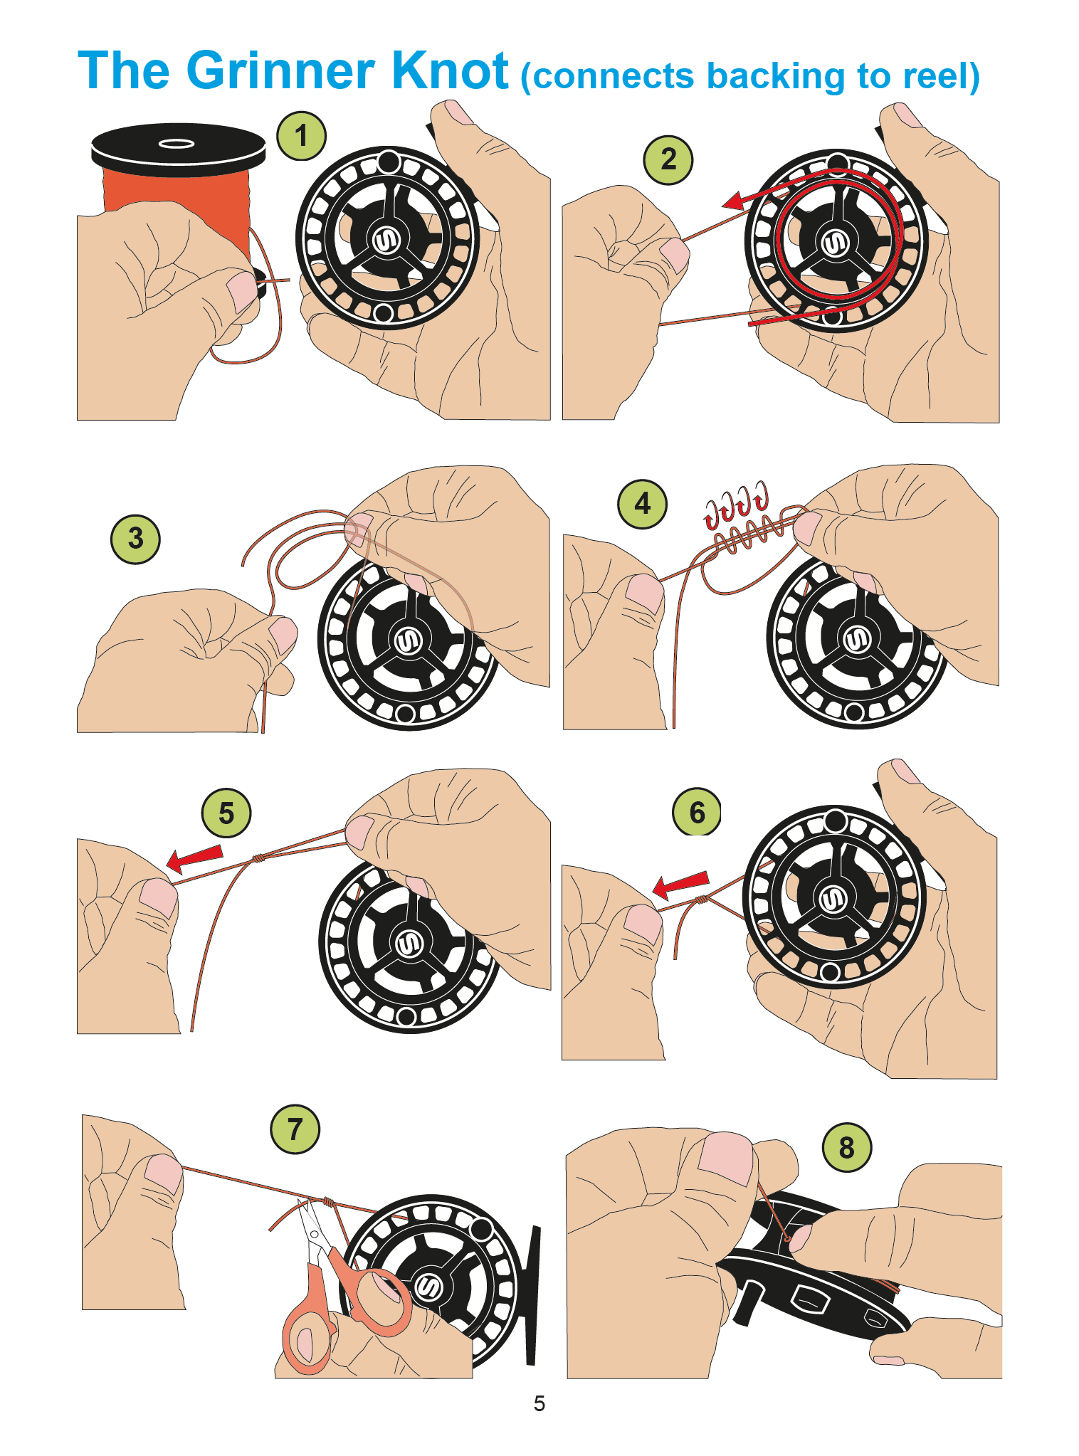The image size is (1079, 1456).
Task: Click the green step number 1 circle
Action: point(301,136)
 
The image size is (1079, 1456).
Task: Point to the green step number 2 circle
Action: point(668,160)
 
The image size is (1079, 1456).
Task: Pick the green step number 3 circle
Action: point(135,539)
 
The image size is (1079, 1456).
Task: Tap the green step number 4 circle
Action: point(642,504)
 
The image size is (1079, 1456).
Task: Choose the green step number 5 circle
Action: point(226,813)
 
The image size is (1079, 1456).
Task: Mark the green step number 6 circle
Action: point(697,812)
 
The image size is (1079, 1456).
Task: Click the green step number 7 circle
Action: point(295,1129)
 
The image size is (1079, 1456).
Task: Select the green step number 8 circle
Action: point(846,1146)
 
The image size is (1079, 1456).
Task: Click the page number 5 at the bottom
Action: point(539,1403)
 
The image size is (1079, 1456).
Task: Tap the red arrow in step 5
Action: point(194,858)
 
